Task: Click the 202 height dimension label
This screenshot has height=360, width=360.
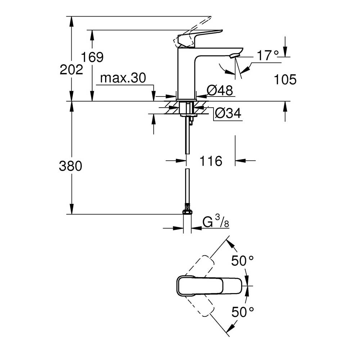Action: pos(71,69)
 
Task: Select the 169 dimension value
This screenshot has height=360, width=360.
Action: pos(92,57)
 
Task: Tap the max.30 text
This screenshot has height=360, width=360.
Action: pos(123,78)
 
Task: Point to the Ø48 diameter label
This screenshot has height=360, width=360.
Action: pos(220,90)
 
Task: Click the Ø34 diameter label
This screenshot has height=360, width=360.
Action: pos(228,114)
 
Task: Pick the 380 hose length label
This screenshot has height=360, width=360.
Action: pos(71,166)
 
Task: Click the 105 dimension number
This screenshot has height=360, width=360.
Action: pos(285,80)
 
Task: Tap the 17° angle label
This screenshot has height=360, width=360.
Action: pos(267,56)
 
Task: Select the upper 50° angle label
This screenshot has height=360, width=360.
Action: pos(243,261)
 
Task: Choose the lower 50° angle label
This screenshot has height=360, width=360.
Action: pos(243,312)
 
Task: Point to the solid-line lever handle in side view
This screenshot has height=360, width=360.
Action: pos(202,36)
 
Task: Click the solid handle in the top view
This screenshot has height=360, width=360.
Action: pos(209,286)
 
